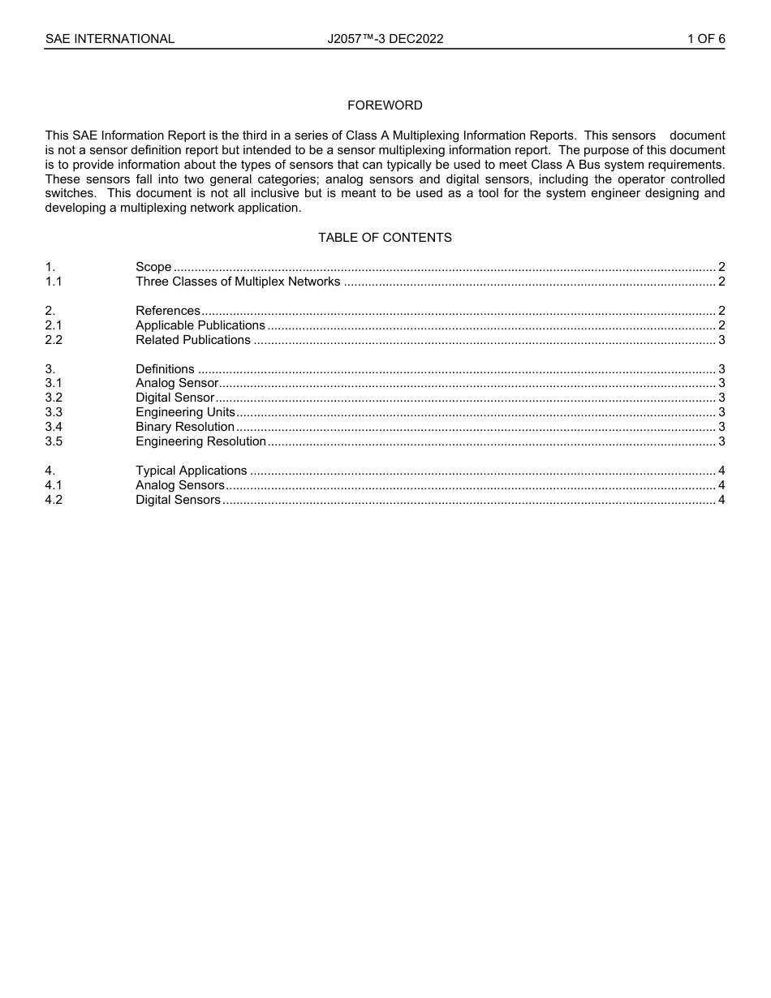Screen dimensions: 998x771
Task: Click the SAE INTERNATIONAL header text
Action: point(110,39)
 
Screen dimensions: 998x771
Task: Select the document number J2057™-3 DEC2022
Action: point(385,39)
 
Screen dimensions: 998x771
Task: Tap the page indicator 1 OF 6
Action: point(705,39)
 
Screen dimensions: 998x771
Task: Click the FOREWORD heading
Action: point(385,105)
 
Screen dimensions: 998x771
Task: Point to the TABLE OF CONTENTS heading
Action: point(385,238)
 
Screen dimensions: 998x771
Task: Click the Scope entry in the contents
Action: point(153,267)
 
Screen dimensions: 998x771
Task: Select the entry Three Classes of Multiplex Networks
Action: point(238,282)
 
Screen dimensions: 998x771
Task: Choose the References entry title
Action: point(168,311)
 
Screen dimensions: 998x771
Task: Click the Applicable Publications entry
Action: point(200,325)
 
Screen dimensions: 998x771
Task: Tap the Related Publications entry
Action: point(193,340)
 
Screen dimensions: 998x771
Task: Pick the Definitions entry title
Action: point(165,369)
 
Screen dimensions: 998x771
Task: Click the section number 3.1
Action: point(54,383)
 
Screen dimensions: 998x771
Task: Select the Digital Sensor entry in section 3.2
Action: point(175,398)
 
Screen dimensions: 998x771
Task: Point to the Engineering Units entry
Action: point(185,412)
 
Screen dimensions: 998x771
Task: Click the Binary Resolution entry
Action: point(185,427)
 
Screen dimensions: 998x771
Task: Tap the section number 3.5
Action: point(54,441)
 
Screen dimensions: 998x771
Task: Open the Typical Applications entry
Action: point(192,471)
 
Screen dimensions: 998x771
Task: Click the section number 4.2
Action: point(54,500)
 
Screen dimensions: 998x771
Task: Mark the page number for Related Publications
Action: point(721,340)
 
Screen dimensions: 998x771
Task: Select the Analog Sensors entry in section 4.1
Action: point(180,485)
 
